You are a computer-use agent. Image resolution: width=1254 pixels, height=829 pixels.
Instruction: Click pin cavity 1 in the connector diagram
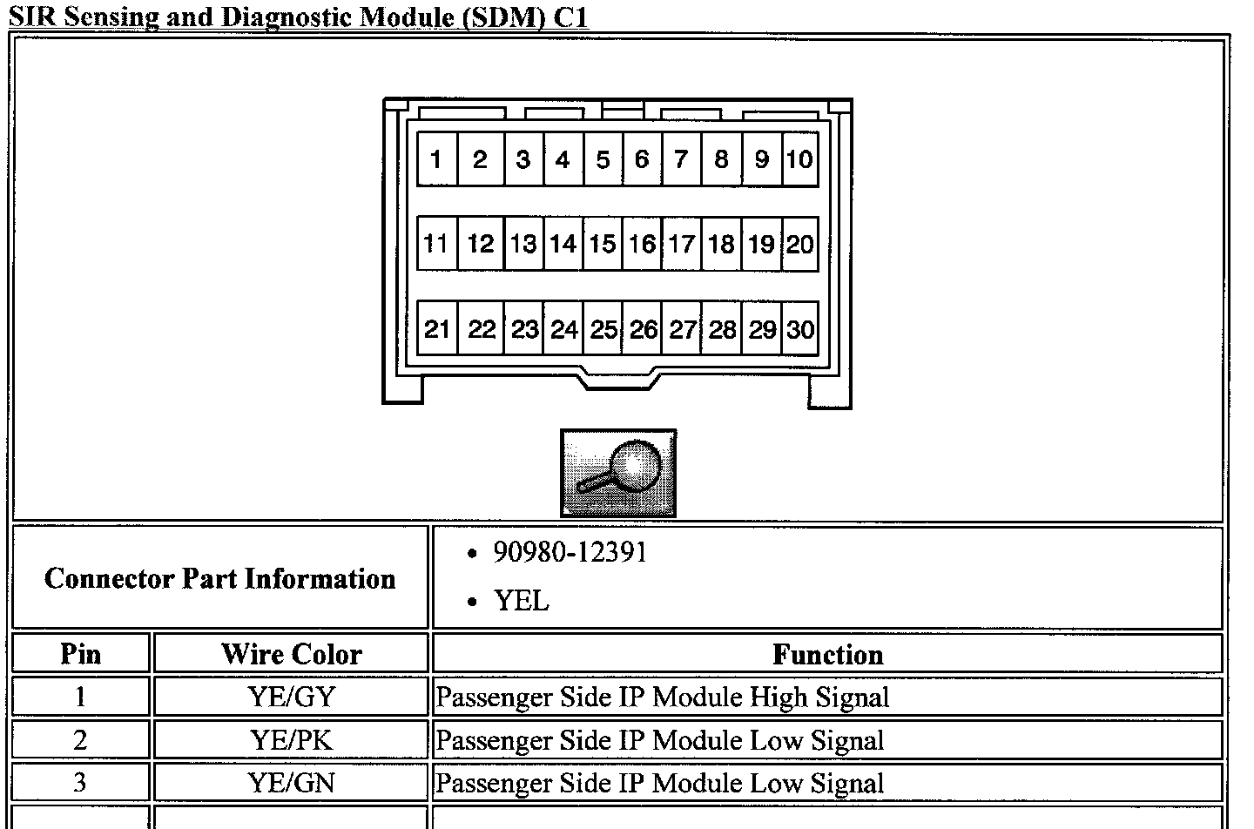point(436,159)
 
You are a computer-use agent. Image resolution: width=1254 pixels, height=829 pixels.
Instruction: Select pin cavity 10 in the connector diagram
point(799,159)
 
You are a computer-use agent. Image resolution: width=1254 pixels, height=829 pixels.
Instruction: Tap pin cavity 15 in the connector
point(602,244)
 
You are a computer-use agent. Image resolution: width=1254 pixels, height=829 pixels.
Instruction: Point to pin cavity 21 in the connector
point(436,329)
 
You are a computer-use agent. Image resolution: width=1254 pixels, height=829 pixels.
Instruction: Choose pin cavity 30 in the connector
point(799,329)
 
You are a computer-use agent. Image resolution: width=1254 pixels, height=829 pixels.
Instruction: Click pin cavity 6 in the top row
point(642,159)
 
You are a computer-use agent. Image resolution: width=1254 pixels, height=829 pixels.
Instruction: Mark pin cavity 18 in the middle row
point(721,244)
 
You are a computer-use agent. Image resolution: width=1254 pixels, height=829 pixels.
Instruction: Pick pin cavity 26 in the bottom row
point(644,329)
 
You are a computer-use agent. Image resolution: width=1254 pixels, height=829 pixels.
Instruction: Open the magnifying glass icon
point(617,473)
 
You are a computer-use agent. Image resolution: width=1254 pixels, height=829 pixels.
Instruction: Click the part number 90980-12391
point(570,553)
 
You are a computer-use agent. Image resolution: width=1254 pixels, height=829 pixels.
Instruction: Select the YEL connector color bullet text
point(521,601)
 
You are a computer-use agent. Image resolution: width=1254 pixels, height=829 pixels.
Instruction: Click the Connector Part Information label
point(219,578)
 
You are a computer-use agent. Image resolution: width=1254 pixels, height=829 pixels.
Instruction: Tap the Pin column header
point(81,654)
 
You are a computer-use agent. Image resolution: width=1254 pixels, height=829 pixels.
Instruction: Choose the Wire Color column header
point(291,654)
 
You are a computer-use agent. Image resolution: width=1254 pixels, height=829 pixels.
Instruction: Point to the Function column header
point(827,654)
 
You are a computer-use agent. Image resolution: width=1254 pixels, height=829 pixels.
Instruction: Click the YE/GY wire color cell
point(291,697)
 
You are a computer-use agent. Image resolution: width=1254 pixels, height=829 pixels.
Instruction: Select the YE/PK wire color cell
point(291,740)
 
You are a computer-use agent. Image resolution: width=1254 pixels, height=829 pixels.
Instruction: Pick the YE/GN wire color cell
point(291,782)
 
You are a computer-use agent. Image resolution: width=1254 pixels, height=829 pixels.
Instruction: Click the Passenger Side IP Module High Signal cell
point(662,697)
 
